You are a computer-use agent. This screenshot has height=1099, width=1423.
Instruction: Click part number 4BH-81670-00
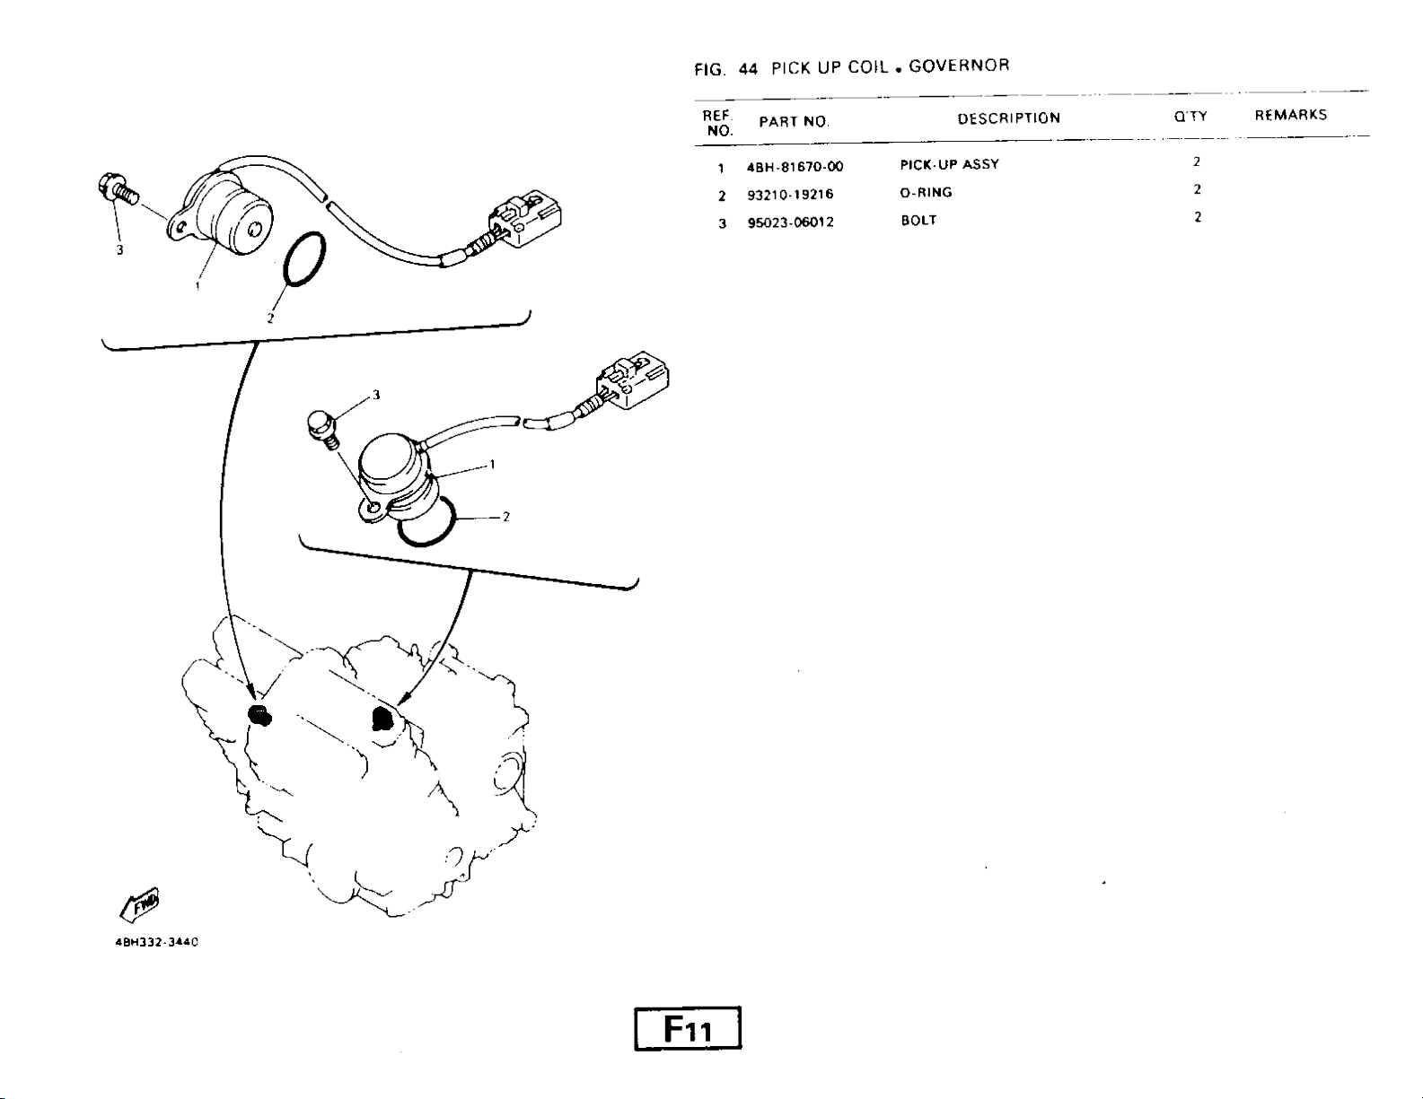tap(795, 167)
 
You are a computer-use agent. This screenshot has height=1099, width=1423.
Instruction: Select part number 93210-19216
tap(790, 195)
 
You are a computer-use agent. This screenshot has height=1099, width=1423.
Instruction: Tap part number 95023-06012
tap(790, 222)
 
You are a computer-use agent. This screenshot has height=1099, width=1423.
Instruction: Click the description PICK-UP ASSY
tap(949, 165)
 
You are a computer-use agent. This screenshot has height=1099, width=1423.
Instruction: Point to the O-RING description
tap(926, 193)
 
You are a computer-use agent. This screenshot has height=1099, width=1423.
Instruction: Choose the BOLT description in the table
tap(918, 221)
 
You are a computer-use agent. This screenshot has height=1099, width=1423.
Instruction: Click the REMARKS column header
tap(1290, 115)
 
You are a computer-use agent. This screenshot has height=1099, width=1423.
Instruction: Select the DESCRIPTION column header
tap(1008, 118)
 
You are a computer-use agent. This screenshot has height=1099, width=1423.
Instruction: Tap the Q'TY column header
tap(1190, 117)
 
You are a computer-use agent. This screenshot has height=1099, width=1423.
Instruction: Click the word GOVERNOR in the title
tap(959, 65)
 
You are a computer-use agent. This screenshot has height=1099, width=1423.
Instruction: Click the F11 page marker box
tap(687, 1029)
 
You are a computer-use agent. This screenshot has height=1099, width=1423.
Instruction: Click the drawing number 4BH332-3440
tap(156, 943)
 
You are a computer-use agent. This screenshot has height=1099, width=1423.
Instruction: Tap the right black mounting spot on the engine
tap(382, 719)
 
